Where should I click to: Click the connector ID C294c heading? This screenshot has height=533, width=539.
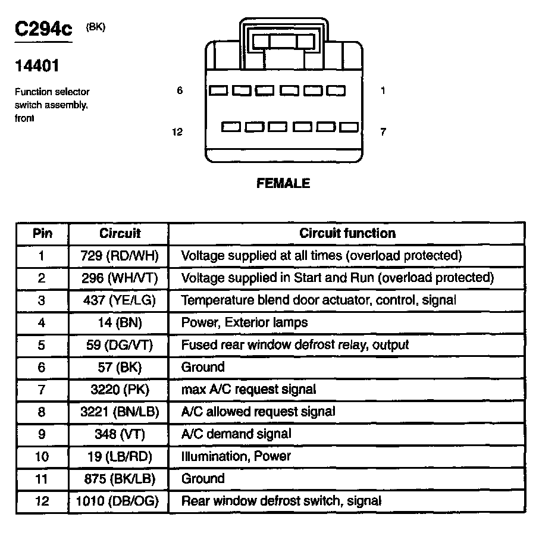coord(43,30)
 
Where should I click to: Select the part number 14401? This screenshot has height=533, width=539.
coord(37,66)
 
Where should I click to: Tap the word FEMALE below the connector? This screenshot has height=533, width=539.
coord(283,183)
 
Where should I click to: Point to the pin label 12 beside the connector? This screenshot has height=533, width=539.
coord(177,132)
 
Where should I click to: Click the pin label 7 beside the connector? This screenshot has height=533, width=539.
coord(383,132)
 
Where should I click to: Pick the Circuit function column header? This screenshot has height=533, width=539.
coord(347,233)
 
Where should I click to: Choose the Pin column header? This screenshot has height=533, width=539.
coord(42,233)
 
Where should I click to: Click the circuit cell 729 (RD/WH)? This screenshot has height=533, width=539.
coord(118,256)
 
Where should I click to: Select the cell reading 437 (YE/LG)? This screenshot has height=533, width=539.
coord(118,300)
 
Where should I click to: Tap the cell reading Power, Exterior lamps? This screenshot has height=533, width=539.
coord(245,322)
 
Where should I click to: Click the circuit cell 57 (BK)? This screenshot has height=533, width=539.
coord(118,367)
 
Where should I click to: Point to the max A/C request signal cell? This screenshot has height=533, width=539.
coord(248,389)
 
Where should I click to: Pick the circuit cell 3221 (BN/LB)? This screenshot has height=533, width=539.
coord(118,412)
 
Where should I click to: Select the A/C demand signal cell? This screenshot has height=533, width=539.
coord(236,434)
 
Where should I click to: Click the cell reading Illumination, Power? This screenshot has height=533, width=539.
coord(236,456)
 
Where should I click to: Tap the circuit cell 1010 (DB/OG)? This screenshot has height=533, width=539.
coord(118,501)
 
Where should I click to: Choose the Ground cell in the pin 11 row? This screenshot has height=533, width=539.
coord(203,478)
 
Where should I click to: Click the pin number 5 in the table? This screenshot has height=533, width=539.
coord(42,345)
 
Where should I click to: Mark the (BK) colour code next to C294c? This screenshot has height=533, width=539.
coord(96,27)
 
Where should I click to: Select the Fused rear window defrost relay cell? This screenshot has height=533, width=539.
coord(295,345)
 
